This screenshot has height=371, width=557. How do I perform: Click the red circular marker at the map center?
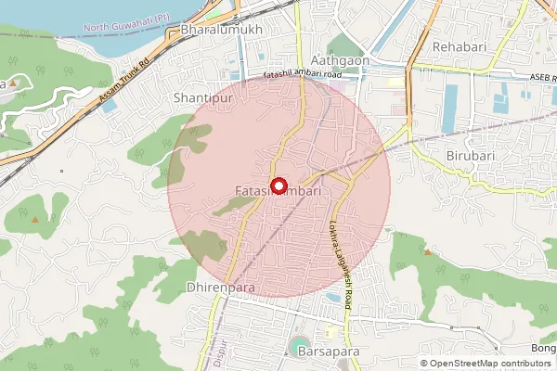(x=278, y=184)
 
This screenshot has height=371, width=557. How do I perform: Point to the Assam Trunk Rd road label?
(x=123, y=83)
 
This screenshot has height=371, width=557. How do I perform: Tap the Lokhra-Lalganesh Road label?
(x=339, y=254)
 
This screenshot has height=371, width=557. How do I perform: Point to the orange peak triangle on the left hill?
(x=34, y=219)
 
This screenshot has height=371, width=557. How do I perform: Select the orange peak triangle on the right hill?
(x=427, y=251)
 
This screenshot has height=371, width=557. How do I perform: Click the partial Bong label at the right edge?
(x=543, y=349)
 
